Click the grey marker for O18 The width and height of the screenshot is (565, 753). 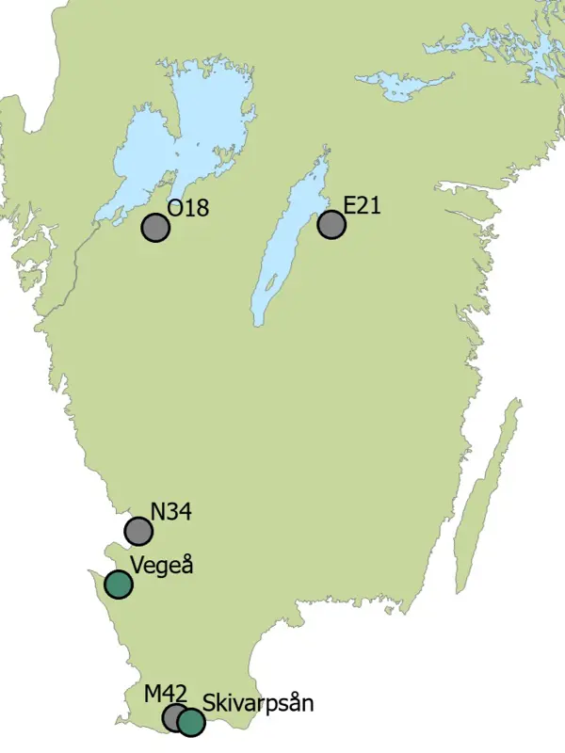pos(155,228)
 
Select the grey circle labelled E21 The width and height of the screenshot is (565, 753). pos(331,225)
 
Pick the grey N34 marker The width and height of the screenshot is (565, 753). pos(139,532)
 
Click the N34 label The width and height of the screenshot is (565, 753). pos(171,512)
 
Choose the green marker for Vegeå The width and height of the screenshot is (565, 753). pos(118,585)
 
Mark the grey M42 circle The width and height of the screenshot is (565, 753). pos(174,717)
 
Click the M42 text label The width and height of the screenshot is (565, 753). pos(166,695)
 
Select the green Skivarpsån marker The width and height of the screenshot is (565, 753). pos(191,722)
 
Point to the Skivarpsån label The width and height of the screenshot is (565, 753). pos(258,703)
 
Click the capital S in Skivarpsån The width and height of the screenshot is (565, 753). pos(209,702)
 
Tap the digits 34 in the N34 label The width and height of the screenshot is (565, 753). pos(179,512)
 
